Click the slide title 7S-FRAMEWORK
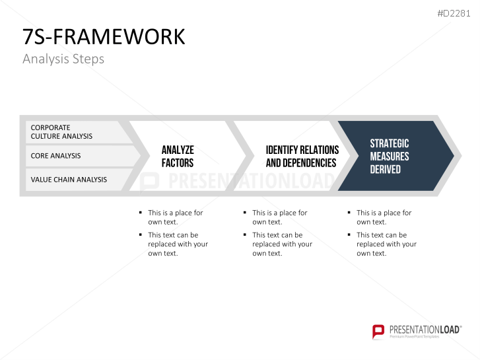(x=104, y=37)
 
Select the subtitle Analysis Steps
(x=63, y=59)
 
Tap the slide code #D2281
(x=455, y=13)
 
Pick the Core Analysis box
(x=73, y=156)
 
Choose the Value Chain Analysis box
(x=73, y=179)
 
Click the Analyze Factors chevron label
(x=178, y=156)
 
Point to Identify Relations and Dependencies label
(x=302, y=156)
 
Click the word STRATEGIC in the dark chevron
(x=389, y=143)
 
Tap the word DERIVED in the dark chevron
(x=385, y=169)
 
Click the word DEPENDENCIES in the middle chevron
(x=301, y=162)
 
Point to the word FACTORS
(x=178, y=162)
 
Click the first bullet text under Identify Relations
(x=279, y=217)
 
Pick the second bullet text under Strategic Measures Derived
(x=386, y=244)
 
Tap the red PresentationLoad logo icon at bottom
(x=378, y=331)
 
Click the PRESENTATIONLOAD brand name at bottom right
(x=424, y=328)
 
